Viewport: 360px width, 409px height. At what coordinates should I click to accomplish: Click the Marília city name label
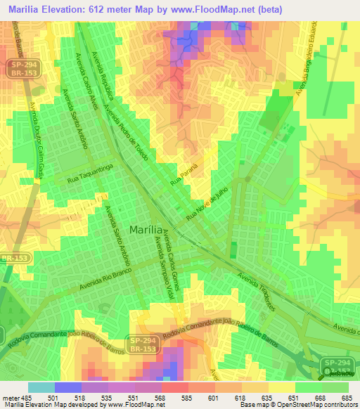click(x=149, y=229)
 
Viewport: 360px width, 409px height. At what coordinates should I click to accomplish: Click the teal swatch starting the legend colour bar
click(x=41, y=387)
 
